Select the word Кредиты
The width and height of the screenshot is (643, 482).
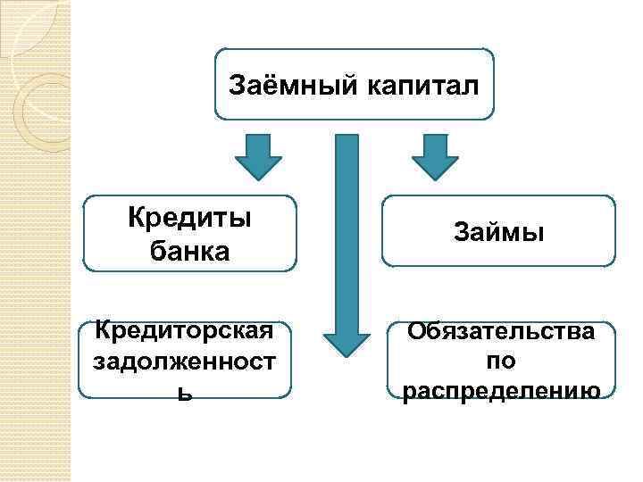click(188, 218)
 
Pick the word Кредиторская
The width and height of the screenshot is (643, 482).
click(184, 332)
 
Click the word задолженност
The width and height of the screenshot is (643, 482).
click(184, 363)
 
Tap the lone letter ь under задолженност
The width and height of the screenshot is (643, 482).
click(184, 392)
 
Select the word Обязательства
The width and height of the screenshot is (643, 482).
click(499, 332)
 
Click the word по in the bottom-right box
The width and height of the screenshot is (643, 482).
click(499, 361)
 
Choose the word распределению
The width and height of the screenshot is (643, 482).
click(499, 391)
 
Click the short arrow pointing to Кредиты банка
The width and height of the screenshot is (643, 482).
click(258, 157)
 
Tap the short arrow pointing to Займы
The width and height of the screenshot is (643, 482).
click(435, 157)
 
